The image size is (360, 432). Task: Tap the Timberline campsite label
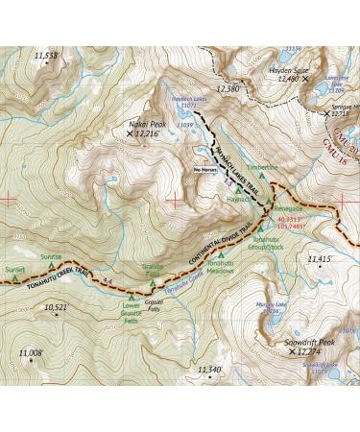260,167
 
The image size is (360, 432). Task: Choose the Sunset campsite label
14,270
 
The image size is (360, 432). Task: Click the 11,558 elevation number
45,57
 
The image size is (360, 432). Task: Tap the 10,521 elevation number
56,307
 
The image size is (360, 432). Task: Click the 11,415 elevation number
319,259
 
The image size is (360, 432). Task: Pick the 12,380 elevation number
228,88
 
